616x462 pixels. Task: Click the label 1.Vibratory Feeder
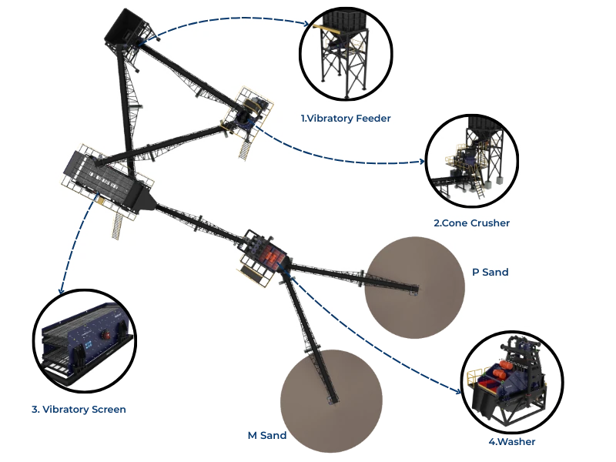pyautogui.click(x=346, y=119)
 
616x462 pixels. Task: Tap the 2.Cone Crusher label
pyautogui.click(x=471, y=223)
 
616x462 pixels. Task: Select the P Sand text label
pyautogui.click(x=490, y=272)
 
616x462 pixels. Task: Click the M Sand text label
pyautogui.click(x=267, y=436)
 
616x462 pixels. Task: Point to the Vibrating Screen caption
pyautogui.click(x=80, y=410)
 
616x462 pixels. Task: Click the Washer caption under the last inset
pyautogui.click(x=511, y=443)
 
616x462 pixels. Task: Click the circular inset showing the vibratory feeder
pyautogui.click(x=346, y=56)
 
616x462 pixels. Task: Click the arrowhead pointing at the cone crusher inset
pyautogui.click(x=422, y=162)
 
